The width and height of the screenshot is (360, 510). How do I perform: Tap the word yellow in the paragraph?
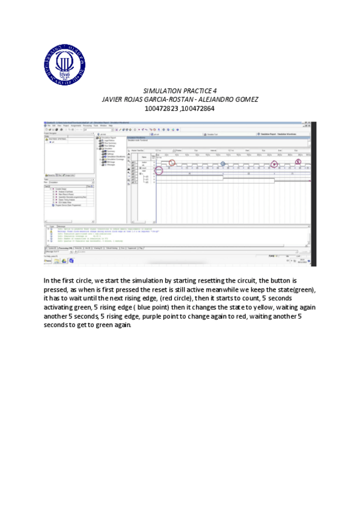(231, 307)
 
